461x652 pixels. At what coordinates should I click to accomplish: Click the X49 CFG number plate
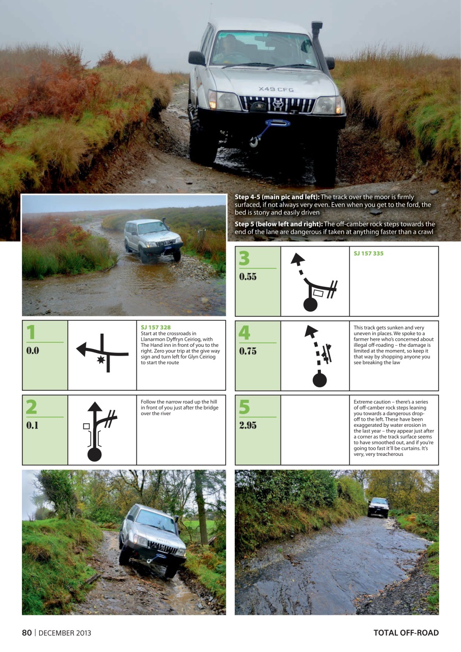pyautogui.click(x=276, y=90)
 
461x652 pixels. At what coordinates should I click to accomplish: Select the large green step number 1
pyautogui.click(x=32, y=333)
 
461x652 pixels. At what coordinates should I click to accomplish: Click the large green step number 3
pyautogui.click(x=245, y=258)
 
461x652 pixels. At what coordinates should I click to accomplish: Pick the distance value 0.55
pyautogui.click(x=248, y=277)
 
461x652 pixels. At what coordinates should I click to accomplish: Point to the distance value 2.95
pyautogui.click(x=248, y=426)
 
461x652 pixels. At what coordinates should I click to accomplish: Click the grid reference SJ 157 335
pyautogui.click(x=368, y=254)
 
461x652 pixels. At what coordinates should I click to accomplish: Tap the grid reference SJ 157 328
pyautogui.click(x=155, y=328)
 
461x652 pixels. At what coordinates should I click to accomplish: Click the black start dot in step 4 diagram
pyautogui.click(x=319, y=380)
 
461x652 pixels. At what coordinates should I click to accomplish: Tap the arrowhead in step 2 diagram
pyautogui.click(x=94, y=406)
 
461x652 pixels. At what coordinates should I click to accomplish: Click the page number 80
pyautogui.click(x=26, y=633)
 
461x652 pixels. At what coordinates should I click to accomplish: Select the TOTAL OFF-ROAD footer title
pyautogui.click(x=405, y=633)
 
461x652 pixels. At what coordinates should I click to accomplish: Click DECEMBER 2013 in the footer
pyautogui.click(x=65, y=633)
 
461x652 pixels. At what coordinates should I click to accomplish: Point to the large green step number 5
pyautogui.click(x=245, y=407)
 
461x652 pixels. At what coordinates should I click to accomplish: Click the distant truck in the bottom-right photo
pyautogui.click(x=378, y=507)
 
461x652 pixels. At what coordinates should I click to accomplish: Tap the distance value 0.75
pyautogui.click(x=248, y=351)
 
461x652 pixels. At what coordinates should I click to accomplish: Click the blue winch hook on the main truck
pyautogui.click(x=252, y=143)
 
